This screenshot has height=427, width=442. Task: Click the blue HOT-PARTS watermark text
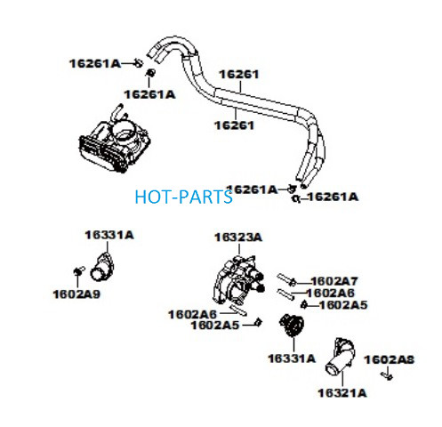tap(183, 197)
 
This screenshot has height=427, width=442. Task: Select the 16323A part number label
tap(238, 238)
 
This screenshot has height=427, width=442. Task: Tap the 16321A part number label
tap(342, 393)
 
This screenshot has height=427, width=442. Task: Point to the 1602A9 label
tap(76, 294)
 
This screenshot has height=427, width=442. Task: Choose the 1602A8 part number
tap(390, 359)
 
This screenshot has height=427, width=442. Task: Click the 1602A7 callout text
tap(334, 281)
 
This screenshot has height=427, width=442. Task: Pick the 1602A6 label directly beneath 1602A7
tap(330, 293)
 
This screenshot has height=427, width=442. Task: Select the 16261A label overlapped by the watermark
tap(252, 189)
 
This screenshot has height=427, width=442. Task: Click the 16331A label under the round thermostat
tap(292, 359)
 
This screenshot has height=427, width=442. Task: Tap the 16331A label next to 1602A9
tap(109, 235)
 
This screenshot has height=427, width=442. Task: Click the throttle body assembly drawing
tap(115, 140)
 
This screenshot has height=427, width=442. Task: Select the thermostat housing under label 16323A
tap(238, 280)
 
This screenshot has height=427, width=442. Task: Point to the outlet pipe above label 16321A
tap(341, 358)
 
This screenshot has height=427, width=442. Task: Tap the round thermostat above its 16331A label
tap(292, 326)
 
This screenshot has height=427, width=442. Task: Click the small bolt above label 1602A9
tap(79, 270)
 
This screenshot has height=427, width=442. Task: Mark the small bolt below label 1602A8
tap(387, 375)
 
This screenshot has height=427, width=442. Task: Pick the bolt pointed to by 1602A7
tap(286, 279)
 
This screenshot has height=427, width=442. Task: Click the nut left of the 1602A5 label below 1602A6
tap(258, 322)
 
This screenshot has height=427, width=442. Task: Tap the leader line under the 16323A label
tap(239, 249)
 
